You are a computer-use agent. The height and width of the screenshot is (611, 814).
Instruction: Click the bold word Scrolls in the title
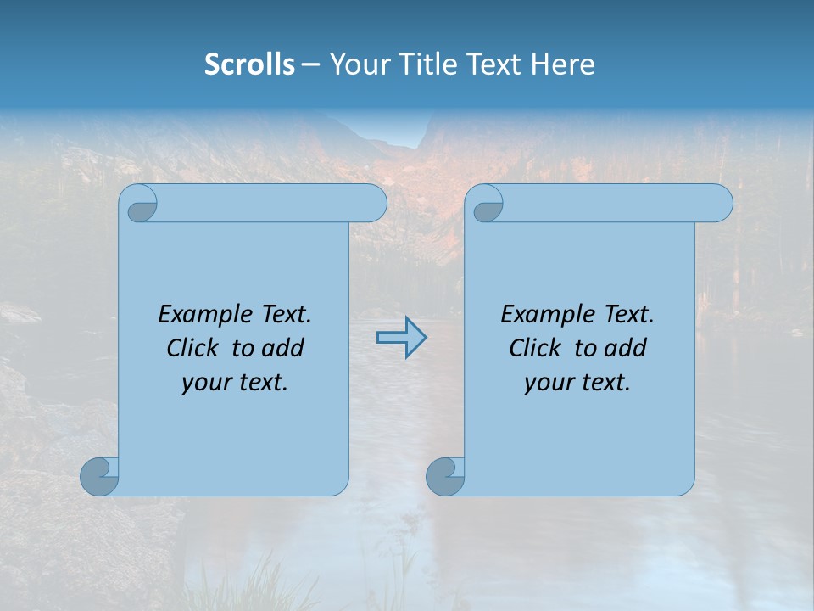(249, 64)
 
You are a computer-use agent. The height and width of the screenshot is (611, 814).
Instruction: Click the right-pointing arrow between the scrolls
(401, 338)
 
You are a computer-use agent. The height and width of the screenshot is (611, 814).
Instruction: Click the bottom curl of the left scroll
(99, 476)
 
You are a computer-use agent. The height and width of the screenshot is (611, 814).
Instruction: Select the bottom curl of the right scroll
(445, 476)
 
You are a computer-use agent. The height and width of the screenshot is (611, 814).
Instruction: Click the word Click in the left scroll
(192, 348)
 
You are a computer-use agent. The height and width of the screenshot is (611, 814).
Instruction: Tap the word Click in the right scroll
(534, 348)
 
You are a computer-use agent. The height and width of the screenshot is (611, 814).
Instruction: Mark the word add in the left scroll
(282, 348)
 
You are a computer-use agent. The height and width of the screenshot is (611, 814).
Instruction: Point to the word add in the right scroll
(625, 348)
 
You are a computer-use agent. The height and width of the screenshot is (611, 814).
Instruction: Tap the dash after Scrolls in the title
(310, 64)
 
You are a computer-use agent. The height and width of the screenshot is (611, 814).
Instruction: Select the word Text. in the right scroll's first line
(628, 315)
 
